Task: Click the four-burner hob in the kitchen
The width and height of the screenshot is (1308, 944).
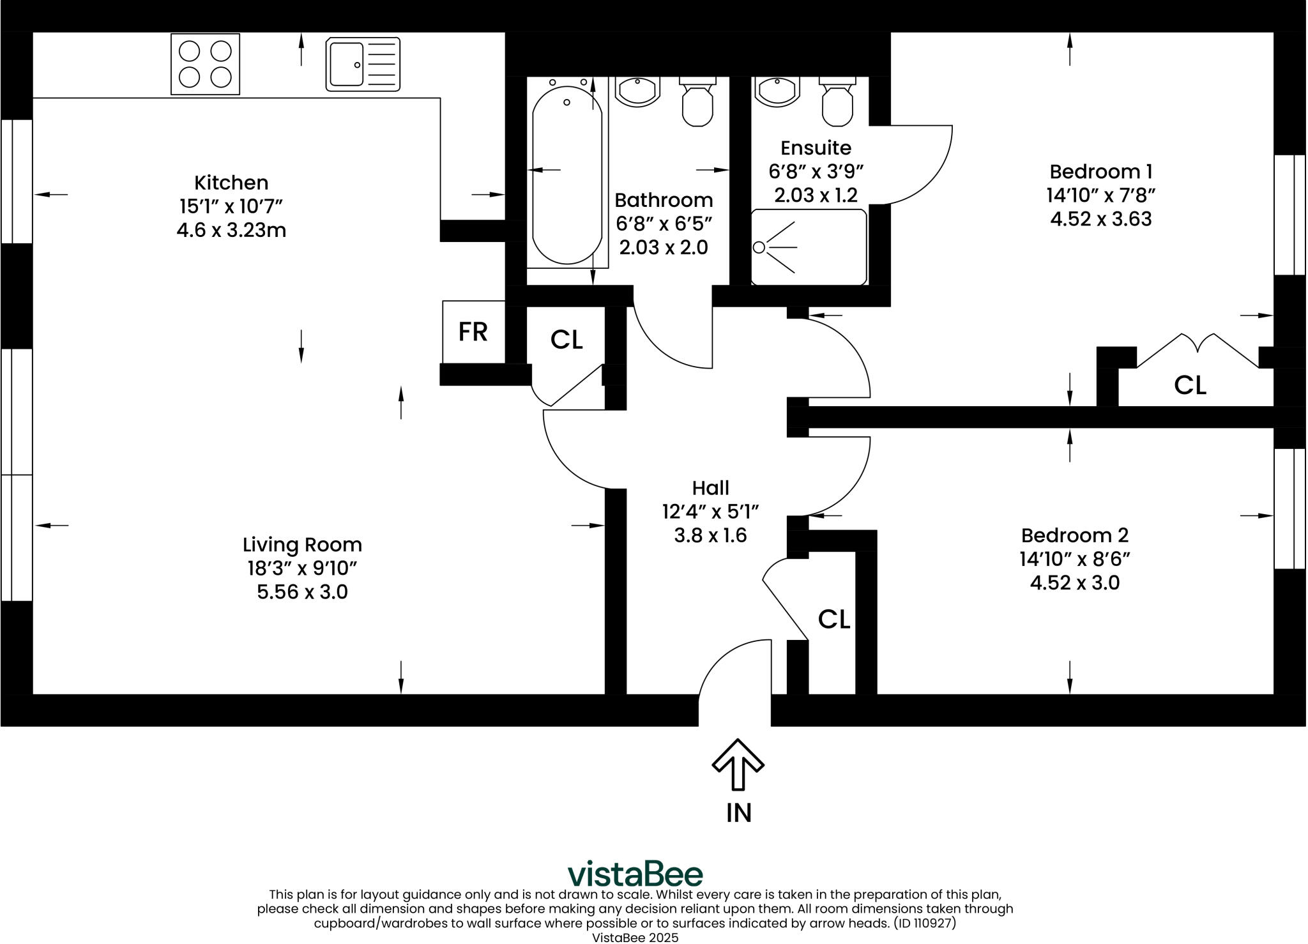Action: (205, 64)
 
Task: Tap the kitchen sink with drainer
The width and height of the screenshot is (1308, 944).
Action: (363, 64)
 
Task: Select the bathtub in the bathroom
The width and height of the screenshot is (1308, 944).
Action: (567, 174)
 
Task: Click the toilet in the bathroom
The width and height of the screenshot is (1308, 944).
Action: (697, 102)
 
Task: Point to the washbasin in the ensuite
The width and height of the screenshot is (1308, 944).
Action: (777, 91)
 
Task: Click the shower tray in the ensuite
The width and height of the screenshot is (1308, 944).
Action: (809, 247)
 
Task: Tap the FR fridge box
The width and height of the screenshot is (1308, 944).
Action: (473, 332)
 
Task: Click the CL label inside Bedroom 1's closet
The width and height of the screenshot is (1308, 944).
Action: (1190, 385)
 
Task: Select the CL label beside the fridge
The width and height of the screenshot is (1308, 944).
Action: (567, 340)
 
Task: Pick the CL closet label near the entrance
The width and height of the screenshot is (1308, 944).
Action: (833, 619)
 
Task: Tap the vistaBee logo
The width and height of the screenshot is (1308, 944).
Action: (635, 873)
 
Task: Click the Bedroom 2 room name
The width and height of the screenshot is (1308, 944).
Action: (1074, 535)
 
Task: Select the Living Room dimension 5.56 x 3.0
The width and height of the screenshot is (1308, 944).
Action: (302, 592)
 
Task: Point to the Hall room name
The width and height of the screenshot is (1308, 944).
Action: (710, 489)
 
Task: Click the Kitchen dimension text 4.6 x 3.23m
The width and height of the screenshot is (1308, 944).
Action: (231, 230)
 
